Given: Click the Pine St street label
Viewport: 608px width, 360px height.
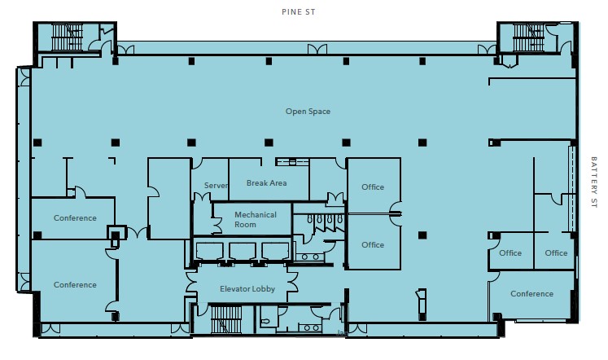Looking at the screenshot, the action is pos(298,12).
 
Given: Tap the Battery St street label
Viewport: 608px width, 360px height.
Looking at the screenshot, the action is pos(593,182).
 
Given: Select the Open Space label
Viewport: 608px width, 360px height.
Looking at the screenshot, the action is pos(308,112).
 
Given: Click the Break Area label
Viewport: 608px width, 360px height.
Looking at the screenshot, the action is pos(267,183).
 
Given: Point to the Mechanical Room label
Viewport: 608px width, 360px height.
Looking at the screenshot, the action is pos(256,220).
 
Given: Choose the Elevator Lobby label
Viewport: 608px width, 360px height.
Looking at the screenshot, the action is pos(247,289).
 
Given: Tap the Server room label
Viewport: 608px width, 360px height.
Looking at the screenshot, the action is pos(216,186).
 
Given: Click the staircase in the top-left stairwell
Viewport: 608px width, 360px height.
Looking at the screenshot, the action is pos(67,37).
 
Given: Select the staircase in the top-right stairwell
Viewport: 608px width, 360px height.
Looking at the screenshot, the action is pos(528,37).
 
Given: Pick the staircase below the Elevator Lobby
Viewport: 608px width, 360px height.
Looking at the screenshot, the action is pos(226,319).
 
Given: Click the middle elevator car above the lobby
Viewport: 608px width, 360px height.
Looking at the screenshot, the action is pos(242,252).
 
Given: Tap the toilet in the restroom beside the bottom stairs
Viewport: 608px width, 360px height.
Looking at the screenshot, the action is pos(265,322).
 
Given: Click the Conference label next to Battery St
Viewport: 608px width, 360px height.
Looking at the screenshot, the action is pos(531,294).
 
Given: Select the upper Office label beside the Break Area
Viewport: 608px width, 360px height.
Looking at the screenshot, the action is pos(373,187).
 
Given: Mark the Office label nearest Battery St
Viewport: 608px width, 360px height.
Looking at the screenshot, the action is pos(556,253).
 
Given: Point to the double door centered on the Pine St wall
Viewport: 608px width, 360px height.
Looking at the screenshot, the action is pos(317,49).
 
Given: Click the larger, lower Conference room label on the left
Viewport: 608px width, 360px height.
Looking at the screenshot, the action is pos(75,285).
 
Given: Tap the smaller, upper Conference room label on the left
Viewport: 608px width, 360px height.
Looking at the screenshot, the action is pos(75,218).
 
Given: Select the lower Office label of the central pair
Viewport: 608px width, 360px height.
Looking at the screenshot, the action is pos(373,245).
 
